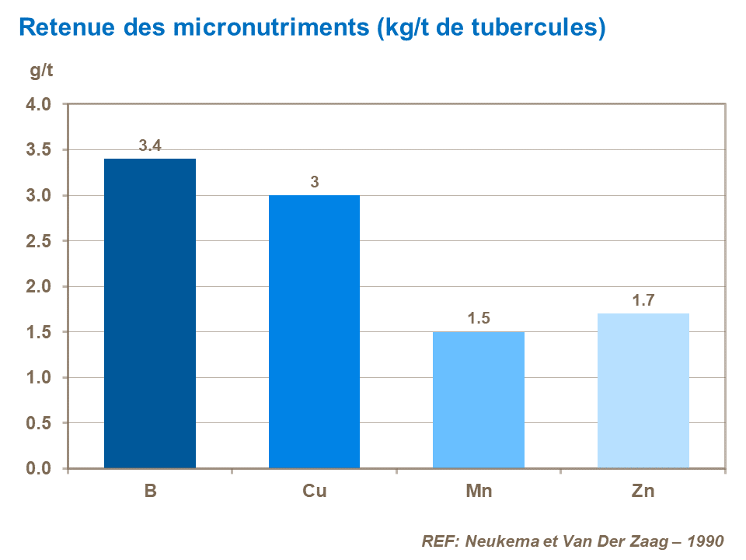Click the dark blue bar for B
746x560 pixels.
[x=150, y=313]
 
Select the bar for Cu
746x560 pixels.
[x=314, y=331]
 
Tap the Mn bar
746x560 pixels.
[x=479, y=400]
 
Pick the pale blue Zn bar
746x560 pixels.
[x=643, y=390]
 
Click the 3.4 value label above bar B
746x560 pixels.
[x=150, y=145]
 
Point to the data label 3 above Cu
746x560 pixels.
[x=315, y=182]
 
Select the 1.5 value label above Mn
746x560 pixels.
[x=479, y=319]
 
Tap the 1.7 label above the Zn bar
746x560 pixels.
[x=643, y=300]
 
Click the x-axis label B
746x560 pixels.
[x=150, y=492]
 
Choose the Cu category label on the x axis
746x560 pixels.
[x=315, y=492]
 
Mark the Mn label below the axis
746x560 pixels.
[x=479, y=492]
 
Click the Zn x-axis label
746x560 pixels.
[x=643, y=492]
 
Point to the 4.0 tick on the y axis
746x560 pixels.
[x=39, y=104]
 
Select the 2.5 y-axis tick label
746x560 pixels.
[x=39, y=241]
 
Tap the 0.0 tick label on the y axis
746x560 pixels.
[x=39, y=469]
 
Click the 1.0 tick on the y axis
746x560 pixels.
[x=39, y=378]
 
